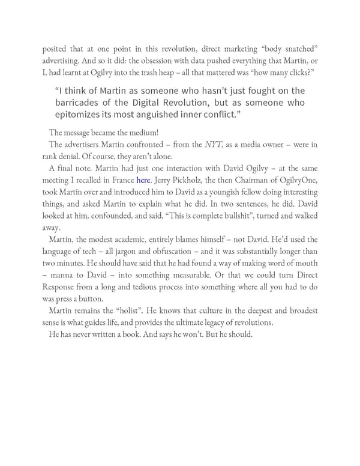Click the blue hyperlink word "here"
click(143, 180)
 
